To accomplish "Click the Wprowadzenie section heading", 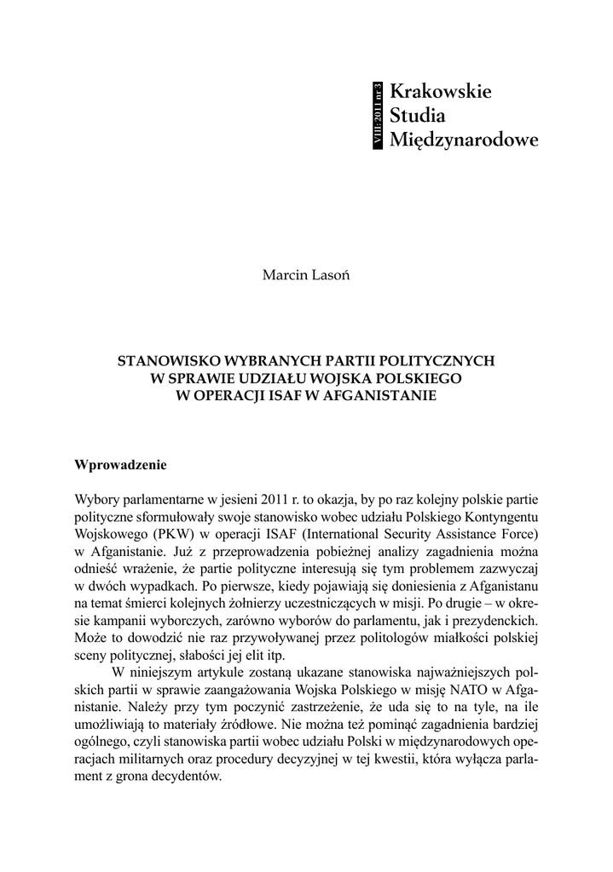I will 122,466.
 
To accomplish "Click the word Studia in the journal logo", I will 419,116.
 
